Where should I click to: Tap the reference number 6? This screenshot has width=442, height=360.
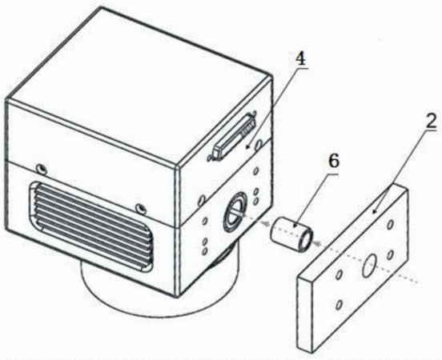point(333,162)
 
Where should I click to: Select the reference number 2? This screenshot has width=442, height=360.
point(430,120)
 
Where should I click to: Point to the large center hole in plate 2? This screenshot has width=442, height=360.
point(368,265)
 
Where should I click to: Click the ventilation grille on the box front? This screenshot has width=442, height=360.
point(90,226)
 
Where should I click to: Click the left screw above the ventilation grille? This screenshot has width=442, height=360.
point(42,169)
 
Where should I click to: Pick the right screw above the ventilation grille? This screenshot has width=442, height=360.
point(140,209)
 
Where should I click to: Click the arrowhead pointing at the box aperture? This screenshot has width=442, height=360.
point(264,223)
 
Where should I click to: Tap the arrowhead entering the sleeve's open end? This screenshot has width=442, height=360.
point(318,244)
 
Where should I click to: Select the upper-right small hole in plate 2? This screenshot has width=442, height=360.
point(391,225)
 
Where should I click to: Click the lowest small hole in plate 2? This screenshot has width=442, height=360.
point(340,305)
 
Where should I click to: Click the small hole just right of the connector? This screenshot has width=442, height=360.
point(258,146)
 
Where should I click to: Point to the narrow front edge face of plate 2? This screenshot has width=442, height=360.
point(305,314)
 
